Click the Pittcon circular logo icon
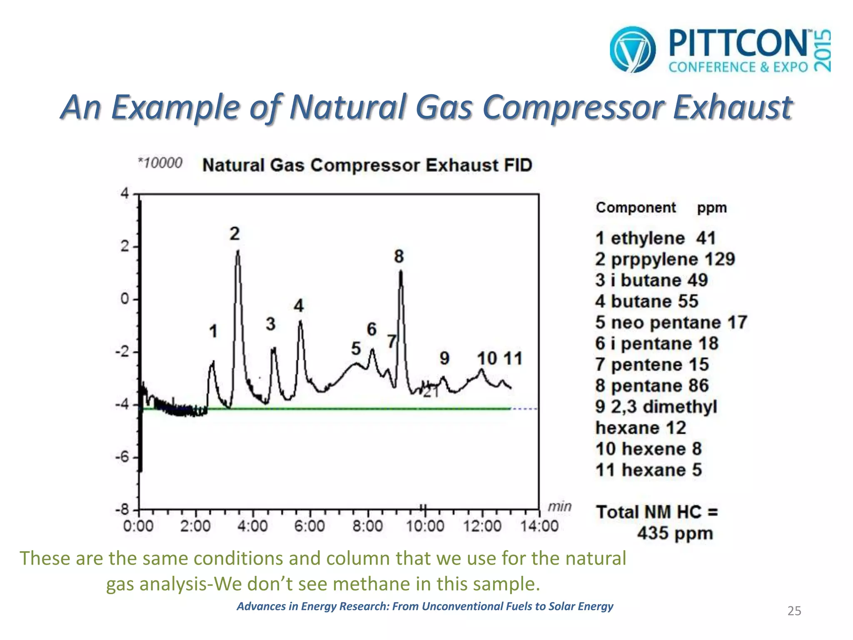pyautogui.click(x=632, y=50)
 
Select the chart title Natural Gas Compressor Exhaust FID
pyautogui.click(x=367, y=165)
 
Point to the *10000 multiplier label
pyautogui.click(x=160, y=162)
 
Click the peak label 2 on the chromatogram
pyautogui.click(x=234, y=234)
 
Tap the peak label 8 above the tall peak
pyautogui.click(x=399, y=256)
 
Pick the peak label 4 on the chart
pyautogui.click(x=299, y=306)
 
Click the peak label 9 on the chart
pyautogui.click(x=444, y=358)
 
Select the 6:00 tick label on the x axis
pyautogui.click(x=309, y=526)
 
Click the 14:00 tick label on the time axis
pyautogui.click(x=539, y=526)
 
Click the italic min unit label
pyautogui.click(x=559, y=507)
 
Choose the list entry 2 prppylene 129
pyautogui.click(x=665, y=259)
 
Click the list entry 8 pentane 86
pyautogui.click(x=652, y=385)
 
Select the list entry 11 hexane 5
pyautogui.click(x=648, y=470)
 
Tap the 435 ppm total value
pyautogui.click(x=675, y=533)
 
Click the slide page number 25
pyautogui.click(x=794, y=611)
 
